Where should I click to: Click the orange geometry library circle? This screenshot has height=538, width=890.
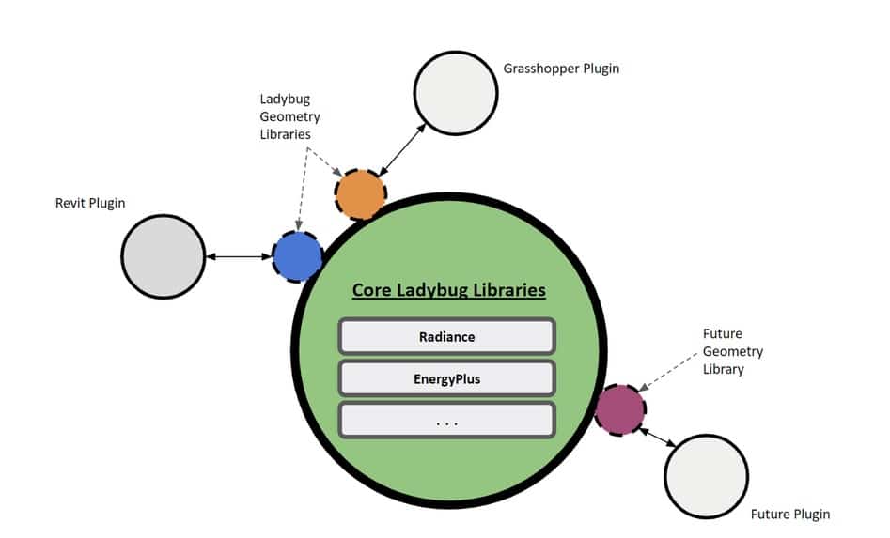360,194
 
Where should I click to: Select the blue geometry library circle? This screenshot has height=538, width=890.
297,256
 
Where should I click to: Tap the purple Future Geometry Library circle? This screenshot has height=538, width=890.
620,409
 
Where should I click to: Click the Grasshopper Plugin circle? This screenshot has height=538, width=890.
456,92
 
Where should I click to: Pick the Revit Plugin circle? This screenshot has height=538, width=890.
163,256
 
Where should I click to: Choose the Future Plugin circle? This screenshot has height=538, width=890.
706,476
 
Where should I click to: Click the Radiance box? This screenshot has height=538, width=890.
447,337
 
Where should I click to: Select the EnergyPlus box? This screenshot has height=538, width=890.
447,378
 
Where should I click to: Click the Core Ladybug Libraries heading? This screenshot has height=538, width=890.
448,290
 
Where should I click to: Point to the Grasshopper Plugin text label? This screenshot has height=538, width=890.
561,69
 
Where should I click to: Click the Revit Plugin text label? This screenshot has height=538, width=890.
90,202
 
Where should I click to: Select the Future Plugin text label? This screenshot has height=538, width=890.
790,515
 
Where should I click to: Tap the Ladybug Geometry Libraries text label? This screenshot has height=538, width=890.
289,116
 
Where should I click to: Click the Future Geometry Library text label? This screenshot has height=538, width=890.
732,351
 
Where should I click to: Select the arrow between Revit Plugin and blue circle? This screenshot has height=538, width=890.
238,256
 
